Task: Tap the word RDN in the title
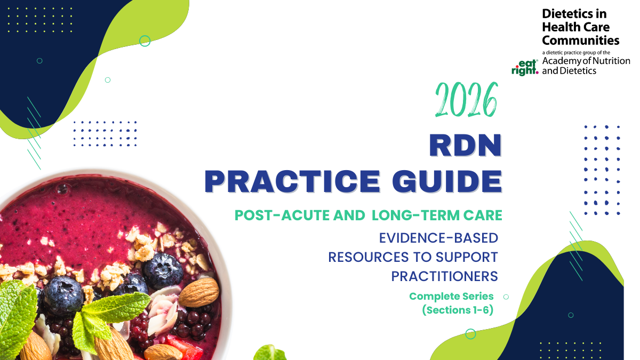466,146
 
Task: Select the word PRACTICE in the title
293,181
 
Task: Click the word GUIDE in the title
447,181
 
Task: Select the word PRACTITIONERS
444,276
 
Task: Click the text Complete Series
451,296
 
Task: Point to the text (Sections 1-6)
457,310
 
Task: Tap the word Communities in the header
580,40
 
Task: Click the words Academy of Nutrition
586,61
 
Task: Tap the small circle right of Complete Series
506,297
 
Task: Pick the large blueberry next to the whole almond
162,270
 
